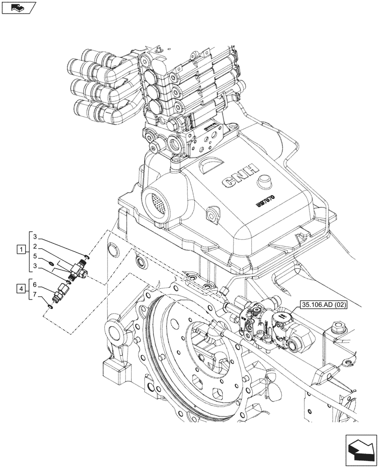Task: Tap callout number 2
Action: tap(35, 246)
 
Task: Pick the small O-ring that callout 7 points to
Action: tap(51, 307)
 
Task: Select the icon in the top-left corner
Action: tap(19, 7)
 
